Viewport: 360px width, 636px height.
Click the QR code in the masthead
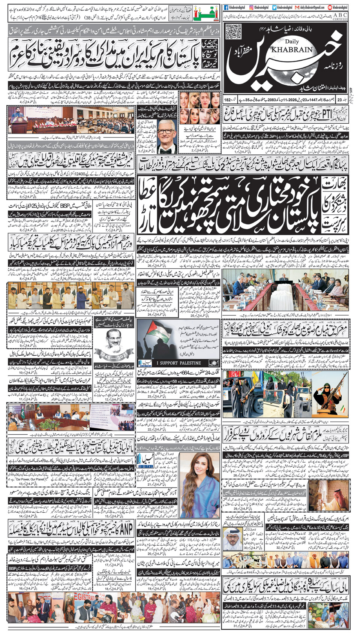(x=233, y=31)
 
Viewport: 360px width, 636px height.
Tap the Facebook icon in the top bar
(x=226, y=7)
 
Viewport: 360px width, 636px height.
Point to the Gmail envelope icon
(x=297, y=7)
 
